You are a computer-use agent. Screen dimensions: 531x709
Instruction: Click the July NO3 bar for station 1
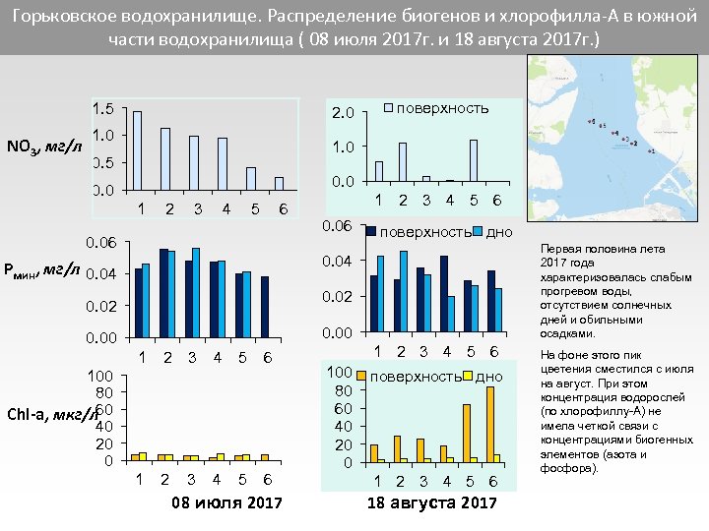(x=138, y=149)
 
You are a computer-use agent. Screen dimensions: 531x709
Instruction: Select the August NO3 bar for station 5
(x=474, y=161)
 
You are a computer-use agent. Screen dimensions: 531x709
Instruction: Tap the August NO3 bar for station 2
(x=403, y=162)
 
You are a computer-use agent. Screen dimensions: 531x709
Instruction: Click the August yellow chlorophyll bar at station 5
(x=467, y=433)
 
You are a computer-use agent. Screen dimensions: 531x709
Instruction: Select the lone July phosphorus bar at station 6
(x=264, y=307)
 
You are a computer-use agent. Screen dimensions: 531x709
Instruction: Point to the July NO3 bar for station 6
(x=280, y=183)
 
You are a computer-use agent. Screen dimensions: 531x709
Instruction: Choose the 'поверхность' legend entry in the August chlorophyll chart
(x=413, y=377)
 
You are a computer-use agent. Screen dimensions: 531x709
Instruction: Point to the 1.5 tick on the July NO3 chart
(x=102, y=108)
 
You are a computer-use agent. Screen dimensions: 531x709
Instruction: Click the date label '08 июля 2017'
(x=226, y=503)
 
